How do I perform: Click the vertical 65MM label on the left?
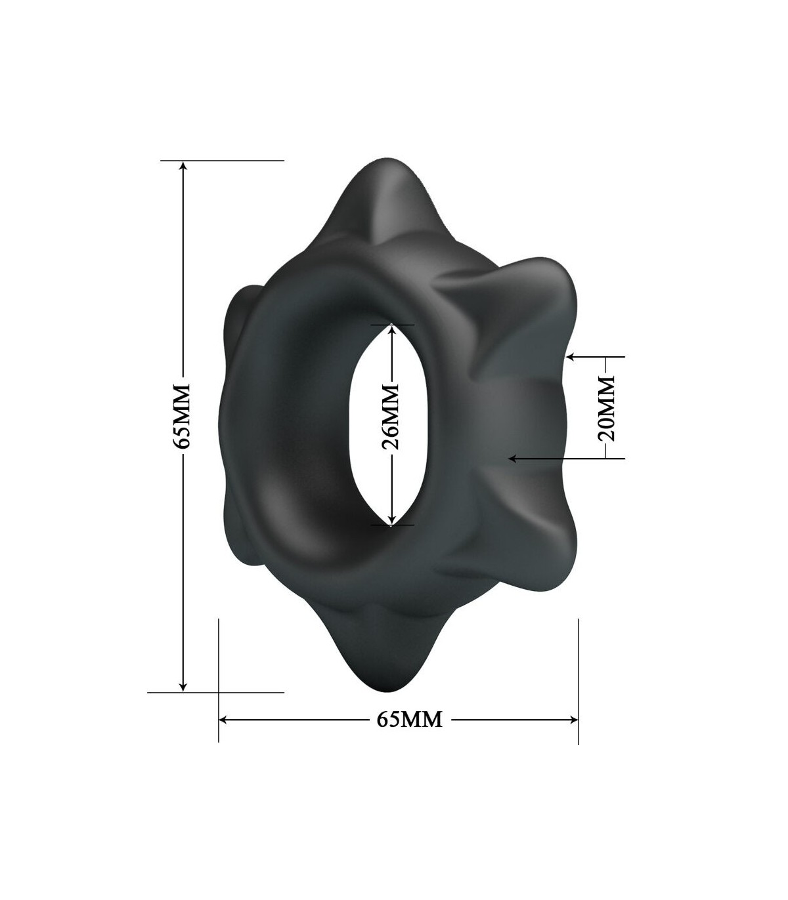pyautogui.click(x=181, y=416)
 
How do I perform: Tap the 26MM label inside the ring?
pyautogui.click(x=391, y=417)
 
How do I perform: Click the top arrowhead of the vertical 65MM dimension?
pyautogui.click(x=184, y=165)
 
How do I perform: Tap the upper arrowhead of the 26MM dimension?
pyautogui.click(x=391, y=330)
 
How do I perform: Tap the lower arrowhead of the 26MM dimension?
pyautogui.click(x=391, y=520)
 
